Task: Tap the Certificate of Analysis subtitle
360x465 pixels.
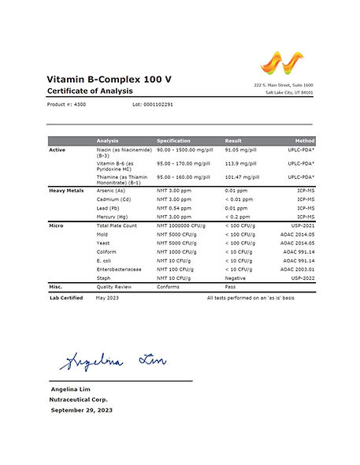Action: [88, 92]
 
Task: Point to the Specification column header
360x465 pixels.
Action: [174, 140]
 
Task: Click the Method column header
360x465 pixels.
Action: [305, 140]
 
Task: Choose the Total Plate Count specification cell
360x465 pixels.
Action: [184, 225]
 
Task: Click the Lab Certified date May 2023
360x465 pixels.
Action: [108, 298]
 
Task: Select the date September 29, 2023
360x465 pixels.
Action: [81, 411]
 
